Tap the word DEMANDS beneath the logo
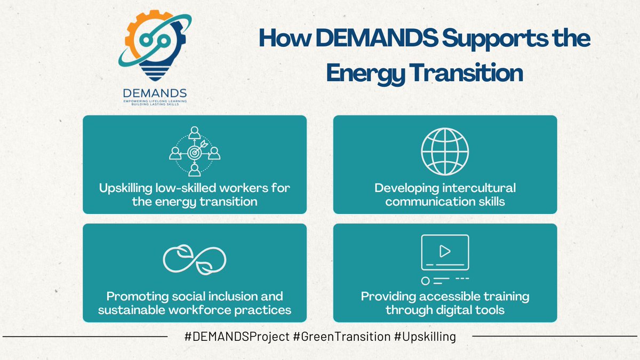coord(155,93)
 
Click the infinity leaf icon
coord(195,258)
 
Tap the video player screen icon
coord(445,251)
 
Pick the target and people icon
coord(195,151)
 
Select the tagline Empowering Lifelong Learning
coord(155,101)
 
